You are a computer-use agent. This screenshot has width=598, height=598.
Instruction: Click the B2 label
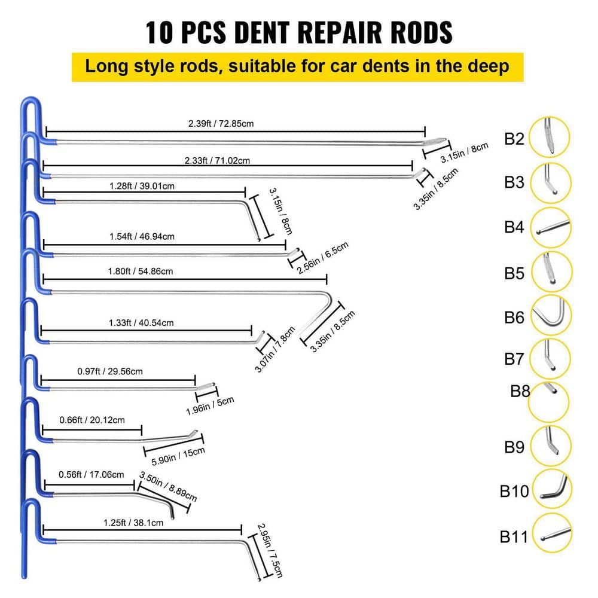point(514,139)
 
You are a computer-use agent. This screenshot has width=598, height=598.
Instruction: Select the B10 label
point(514,491)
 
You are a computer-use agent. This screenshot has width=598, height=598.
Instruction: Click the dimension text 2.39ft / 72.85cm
point(221,124)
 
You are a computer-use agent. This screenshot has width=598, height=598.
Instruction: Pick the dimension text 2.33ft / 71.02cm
point(217,160)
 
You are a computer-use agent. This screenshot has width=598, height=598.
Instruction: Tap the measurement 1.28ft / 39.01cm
point(142,186)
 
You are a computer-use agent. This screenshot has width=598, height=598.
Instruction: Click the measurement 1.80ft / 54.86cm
point(141,271)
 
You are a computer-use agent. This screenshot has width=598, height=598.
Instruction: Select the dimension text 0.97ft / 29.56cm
point(110,371)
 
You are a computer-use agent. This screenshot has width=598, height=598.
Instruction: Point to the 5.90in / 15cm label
point(178,456)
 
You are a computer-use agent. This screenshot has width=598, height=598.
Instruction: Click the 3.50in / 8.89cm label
point(168,486)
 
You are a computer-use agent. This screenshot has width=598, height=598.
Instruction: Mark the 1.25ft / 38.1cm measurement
point(133,523)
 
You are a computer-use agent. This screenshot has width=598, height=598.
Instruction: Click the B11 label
point(514,536)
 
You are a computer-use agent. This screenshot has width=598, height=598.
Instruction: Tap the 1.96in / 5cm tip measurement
point(210,406)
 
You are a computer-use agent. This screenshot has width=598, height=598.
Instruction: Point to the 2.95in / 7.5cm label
point(270,550)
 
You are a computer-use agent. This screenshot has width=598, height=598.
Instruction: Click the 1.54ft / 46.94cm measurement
point(142,236)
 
